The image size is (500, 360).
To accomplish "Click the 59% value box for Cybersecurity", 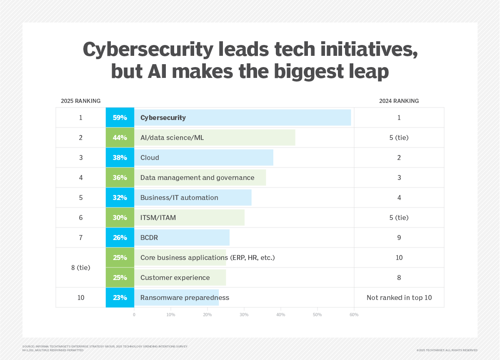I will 120,117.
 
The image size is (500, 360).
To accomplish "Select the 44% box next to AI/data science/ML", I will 120,137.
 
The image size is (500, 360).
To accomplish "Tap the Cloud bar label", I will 150,157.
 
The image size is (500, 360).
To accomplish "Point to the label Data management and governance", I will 197,177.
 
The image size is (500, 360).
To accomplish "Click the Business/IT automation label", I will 179,197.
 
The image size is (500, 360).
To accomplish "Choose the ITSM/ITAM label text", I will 158,217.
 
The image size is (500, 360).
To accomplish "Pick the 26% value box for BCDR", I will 120,237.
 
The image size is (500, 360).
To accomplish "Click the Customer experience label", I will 175,277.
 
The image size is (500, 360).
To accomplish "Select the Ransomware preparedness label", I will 185,297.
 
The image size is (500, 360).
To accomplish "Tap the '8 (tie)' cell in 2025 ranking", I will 80,267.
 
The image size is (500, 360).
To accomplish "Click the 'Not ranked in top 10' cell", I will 399,297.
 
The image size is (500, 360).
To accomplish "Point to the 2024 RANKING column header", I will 399,101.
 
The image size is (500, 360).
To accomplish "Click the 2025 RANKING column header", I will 80,101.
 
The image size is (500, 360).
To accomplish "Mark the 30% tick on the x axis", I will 244,315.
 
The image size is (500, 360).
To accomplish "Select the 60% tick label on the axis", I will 354,315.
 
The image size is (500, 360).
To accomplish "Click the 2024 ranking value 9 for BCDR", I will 399,237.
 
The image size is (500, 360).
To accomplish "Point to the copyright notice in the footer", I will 447,350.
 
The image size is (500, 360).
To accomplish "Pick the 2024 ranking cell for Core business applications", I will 399,257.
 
